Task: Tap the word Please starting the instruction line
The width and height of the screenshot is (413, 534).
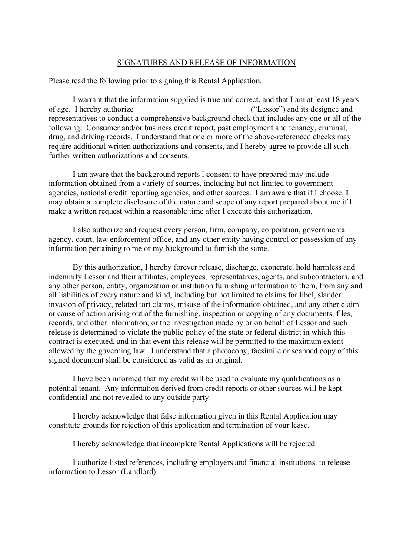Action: (59, 81)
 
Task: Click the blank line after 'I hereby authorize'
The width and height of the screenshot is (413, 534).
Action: (192, 109)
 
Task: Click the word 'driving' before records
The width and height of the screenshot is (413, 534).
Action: (80, 137)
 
